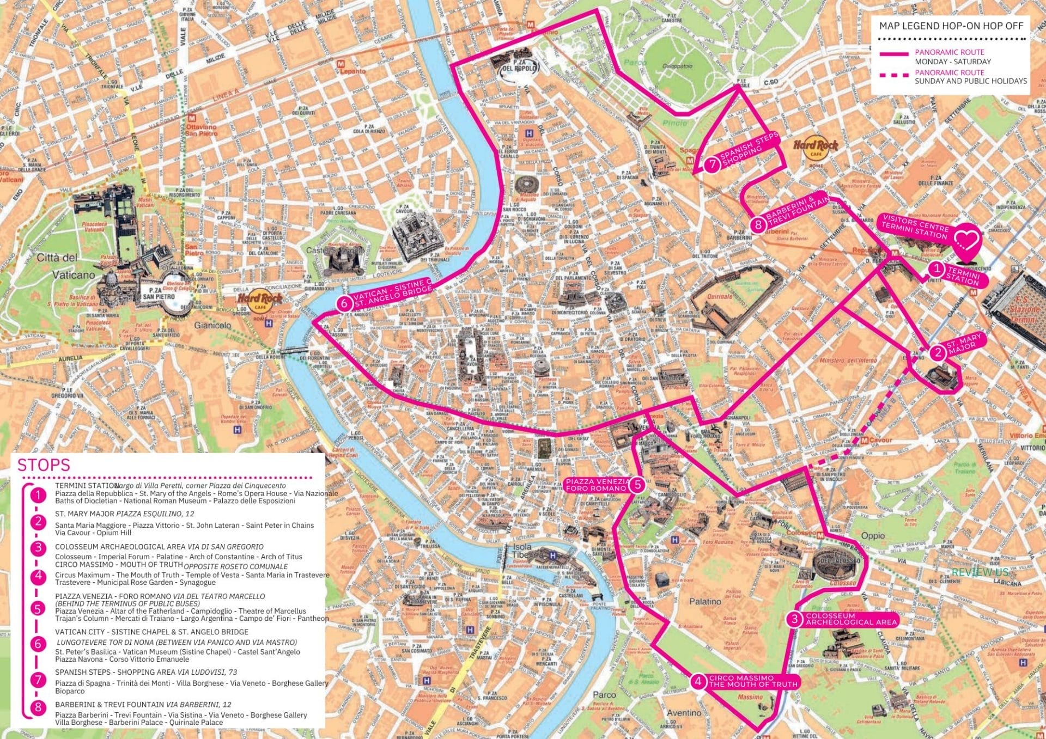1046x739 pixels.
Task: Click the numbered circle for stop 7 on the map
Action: pyautogui.click(x=712, y=164)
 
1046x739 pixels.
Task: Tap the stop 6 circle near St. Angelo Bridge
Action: pyautogui.click(x=344, y=303)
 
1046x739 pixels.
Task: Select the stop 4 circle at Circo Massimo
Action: pyautogui.click(x=698, y=681)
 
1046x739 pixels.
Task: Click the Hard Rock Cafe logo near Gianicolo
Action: pyautogui.click(x=259, y=302)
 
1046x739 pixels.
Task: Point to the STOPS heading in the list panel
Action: pyautogui.click(x=44, y=465)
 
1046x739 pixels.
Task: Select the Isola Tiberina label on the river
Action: pyautogui.click(x=522, y=551)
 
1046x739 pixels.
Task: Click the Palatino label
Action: pyautogui.click(x=705, y=602)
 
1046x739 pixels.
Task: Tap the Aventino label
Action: pyautogui.click(x=684, y=712)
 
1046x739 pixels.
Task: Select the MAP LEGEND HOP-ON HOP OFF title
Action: pyautogui.click(x=951, y=26)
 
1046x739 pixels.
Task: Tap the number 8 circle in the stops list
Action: pyautogui.click(x=38, y=707)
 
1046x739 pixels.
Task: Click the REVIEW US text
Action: pyautogui.click(x=980, y=572)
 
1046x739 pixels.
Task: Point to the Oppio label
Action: pyautogui.click(x=873, y=536)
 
